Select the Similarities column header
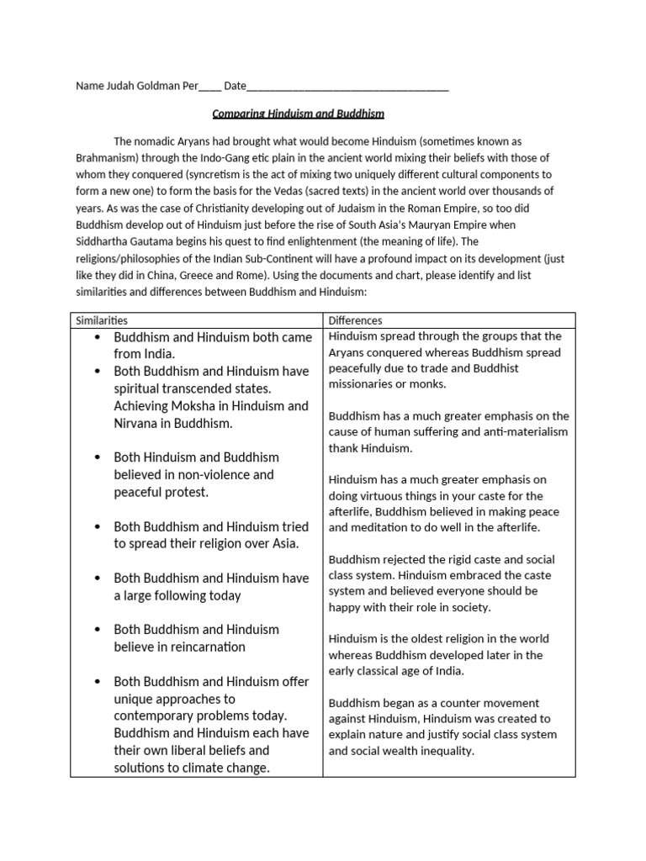click(x=102, y=320)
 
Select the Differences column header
click(x=355, y=320)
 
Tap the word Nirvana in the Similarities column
click(x=140, y=423)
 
